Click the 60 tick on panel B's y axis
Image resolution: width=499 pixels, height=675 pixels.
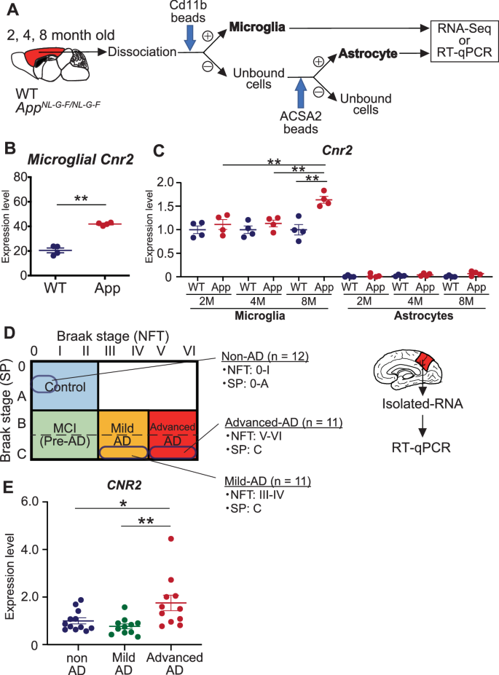tap(31, 202)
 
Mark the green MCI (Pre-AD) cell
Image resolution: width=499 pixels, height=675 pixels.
tap(64, 435)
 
